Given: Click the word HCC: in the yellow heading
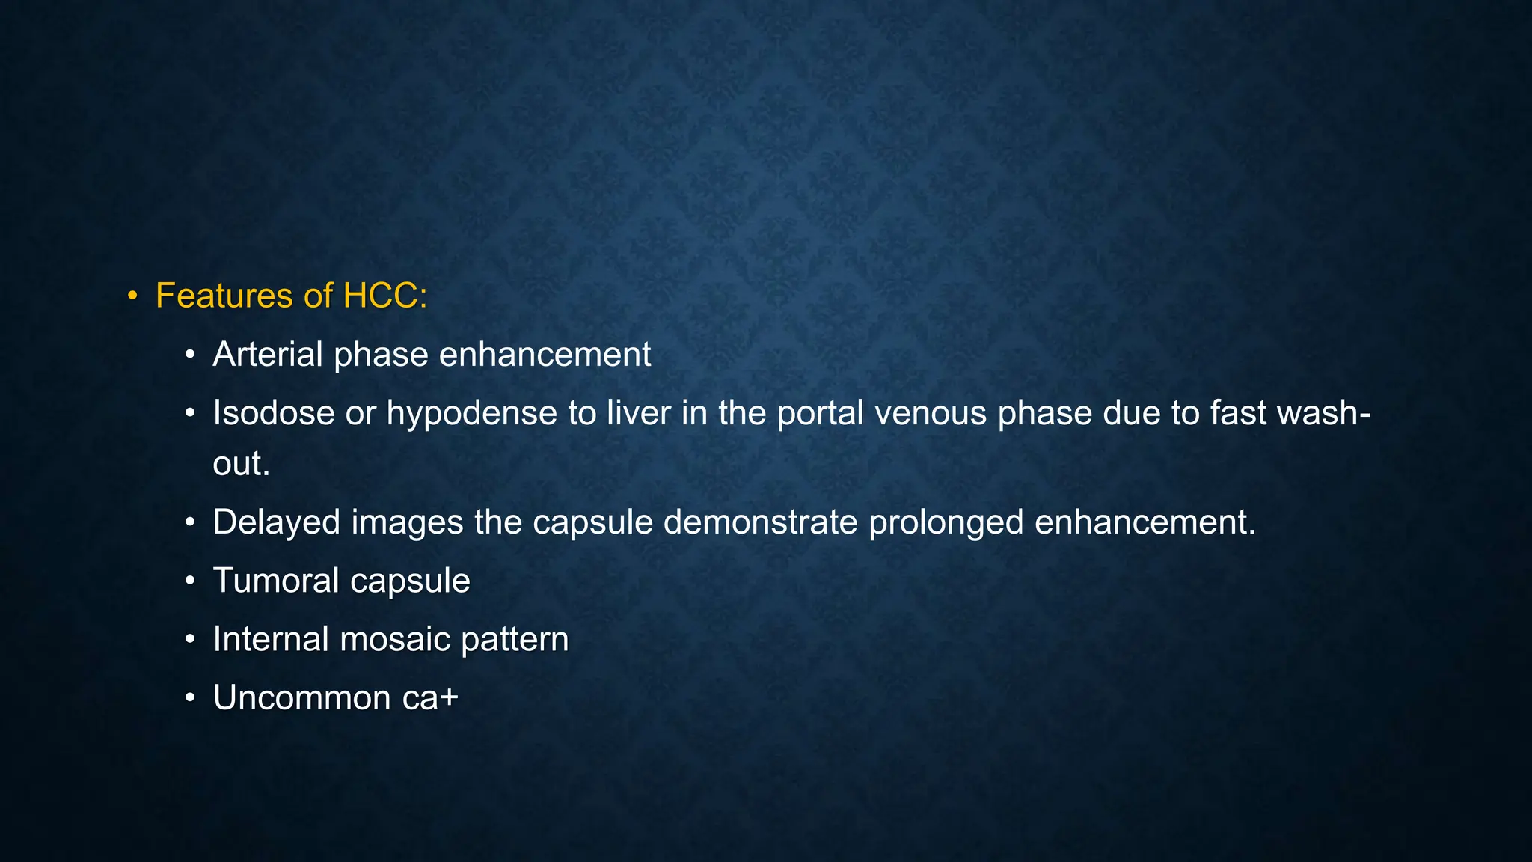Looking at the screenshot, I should (x=384, y=296).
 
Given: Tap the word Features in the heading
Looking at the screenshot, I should (x=224, y=296).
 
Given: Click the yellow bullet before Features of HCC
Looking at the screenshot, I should (x=132, y=296).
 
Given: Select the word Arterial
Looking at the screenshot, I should (x=267, y=355).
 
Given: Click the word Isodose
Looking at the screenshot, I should (x=273, y=413).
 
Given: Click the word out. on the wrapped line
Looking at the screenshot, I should (x=241, y=464).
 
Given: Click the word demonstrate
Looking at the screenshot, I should (x=760, y=522).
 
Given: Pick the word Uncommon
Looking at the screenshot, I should (x=301, y=698).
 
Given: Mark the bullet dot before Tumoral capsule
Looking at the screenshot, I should (x=190, y=581).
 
